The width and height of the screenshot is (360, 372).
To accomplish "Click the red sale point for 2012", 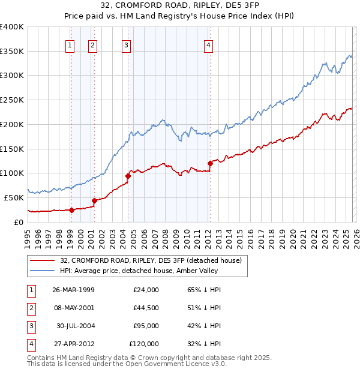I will (x=211, y=163).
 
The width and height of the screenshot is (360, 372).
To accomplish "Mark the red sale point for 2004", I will (x=128, y=176).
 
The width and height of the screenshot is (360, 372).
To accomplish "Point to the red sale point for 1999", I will (x=72, y=210).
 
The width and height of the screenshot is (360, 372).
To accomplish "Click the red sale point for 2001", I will (x=94, y=200).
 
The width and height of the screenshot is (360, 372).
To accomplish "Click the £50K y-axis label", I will (x=14, y=197).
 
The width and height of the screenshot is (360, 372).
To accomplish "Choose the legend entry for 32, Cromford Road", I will (x=150, y=260).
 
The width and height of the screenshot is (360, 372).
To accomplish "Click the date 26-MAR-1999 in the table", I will (x=73, y=290).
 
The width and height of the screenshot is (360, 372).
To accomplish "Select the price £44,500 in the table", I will (x=144, y=308).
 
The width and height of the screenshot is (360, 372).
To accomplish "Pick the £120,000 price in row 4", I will (x=144, y=344).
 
